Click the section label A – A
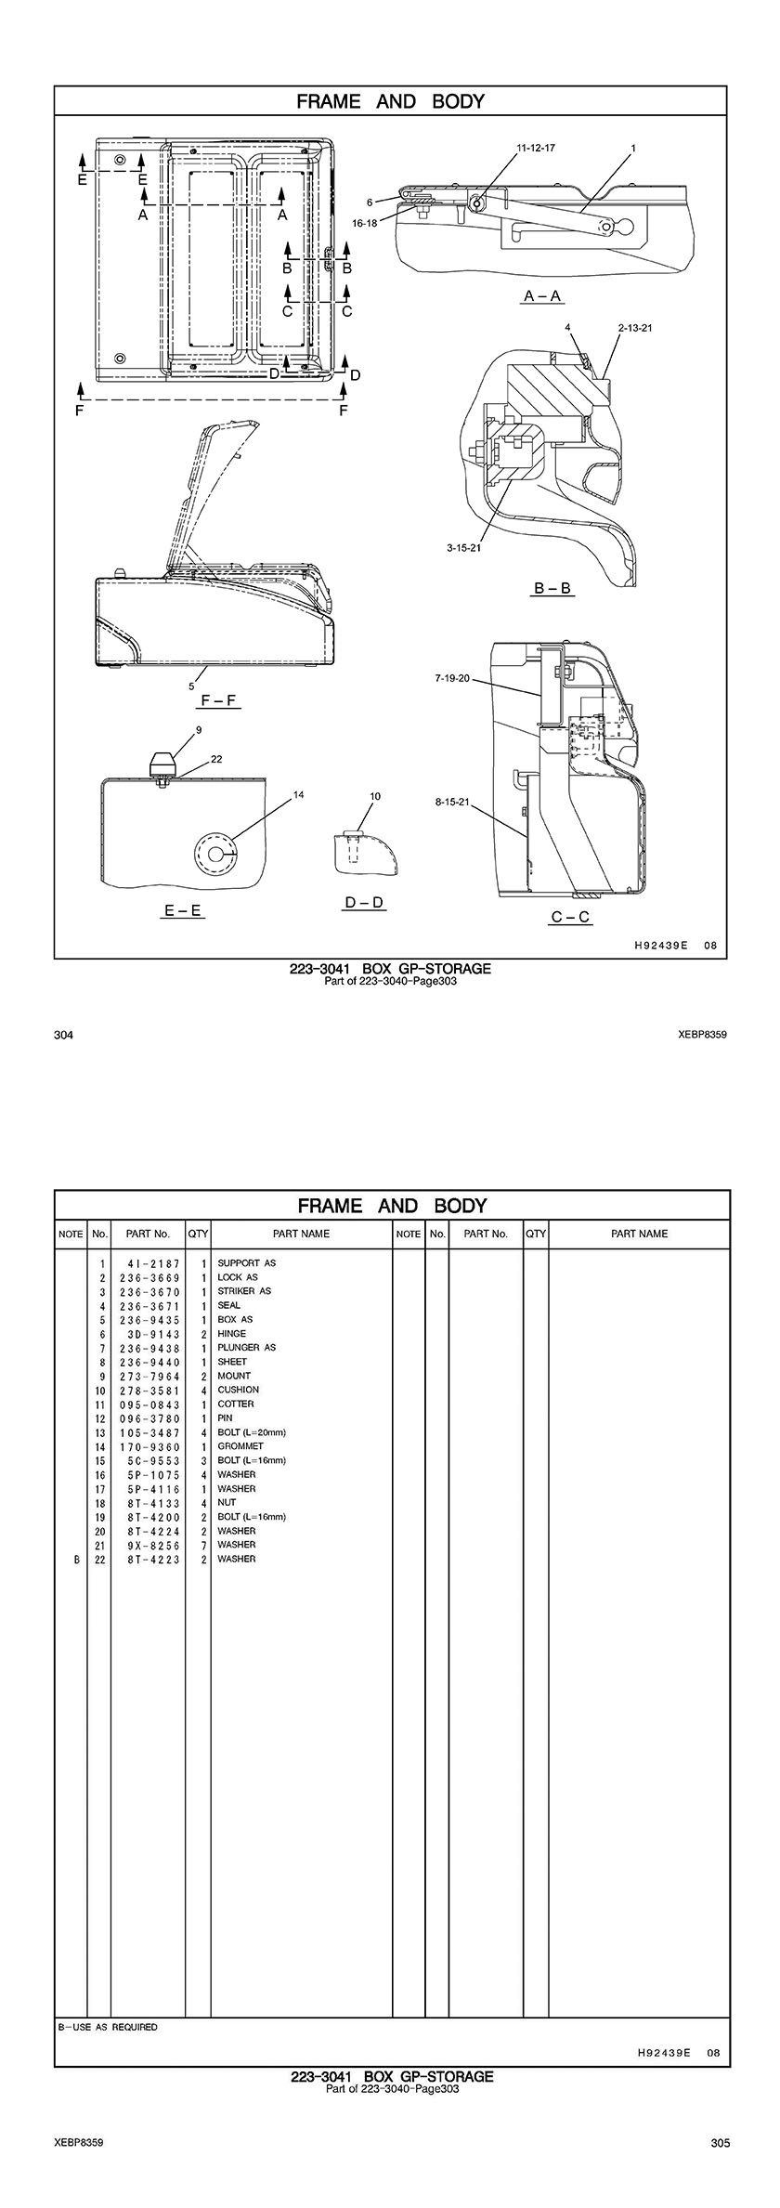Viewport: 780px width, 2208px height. (x=542, y=296)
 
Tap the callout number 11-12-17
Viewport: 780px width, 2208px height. (x=536, y=148)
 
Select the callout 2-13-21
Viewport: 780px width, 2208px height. (x=635, y=328)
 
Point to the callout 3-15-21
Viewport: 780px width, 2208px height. (x=463, y=548)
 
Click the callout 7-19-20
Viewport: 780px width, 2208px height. (x=452, y=679)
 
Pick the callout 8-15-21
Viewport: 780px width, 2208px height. (x=452, y=801)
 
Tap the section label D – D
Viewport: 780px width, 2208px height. (x=364, y=903)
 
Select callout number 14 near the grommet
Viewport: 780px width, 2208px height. (x=299, y=794)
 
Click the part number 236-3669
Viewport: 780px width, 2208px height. (x=149, y=1277)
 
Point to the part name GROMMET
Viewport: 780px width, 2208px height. (x=240, y=1445)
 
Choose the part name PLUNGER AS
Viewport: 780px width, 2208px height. (x=246, y=1347)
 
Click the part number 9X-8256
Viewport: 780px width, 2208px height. (x=149, y=1544)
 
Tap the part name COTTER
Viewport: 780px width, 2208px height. (x=235, y=1404)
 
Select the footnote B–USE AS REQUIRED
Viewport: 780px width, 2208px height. (x=108, y=2027)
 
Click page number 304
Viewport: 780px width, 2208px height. (x=63, y=1035)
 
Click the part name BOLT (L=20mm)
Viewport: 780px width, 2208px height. (x=252, y=1431)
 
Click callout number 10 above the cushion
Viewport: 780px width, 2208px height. (x=375, y=796)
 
